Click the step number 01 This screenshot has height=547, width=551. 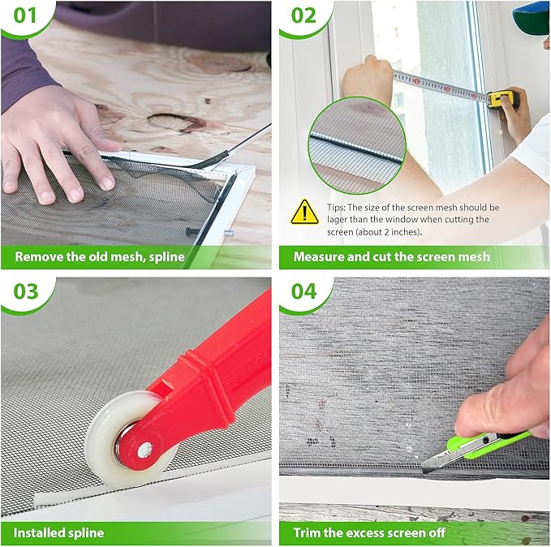pos(23,16)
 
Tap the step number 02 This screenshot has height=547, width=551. pos(302,16)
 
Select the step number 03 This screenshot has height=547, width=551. pos(24,290)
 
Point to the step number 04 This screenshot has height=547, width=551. pos(303,290)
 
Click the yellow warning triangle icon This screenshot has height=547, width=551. pos(304,211)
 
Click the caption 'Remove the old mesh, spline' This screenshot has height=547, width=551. pos(100,256)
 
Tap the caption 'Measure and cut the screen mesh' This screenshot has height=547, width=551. pos(391,256)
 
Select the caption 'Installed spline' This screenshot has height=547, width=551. pos(58,532)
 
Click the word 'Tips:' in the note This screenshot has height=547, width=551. pos(335,208)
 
